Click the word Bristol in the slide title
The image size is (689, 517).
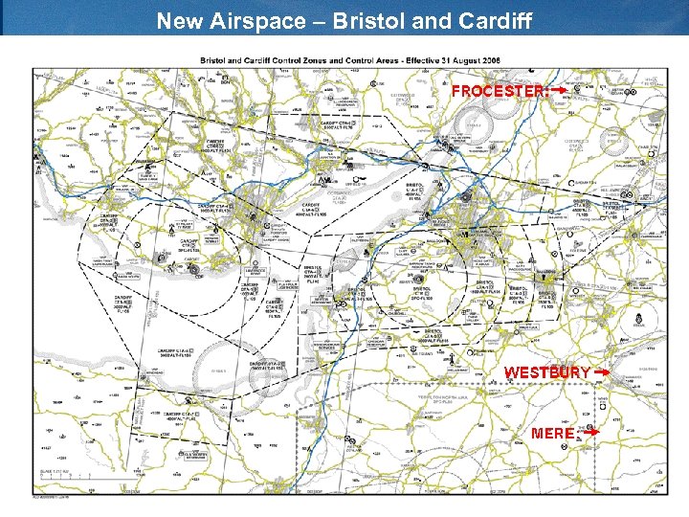[x=368, y=20]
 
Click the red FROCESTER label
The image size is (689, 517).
[x=499, y=91]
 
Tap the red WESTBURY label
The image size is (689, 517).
[x=547, y=371]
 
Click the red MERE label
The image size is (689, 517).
[x=554, y=433]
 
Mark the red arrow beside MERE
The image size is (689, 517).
[x=590, y=432]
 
